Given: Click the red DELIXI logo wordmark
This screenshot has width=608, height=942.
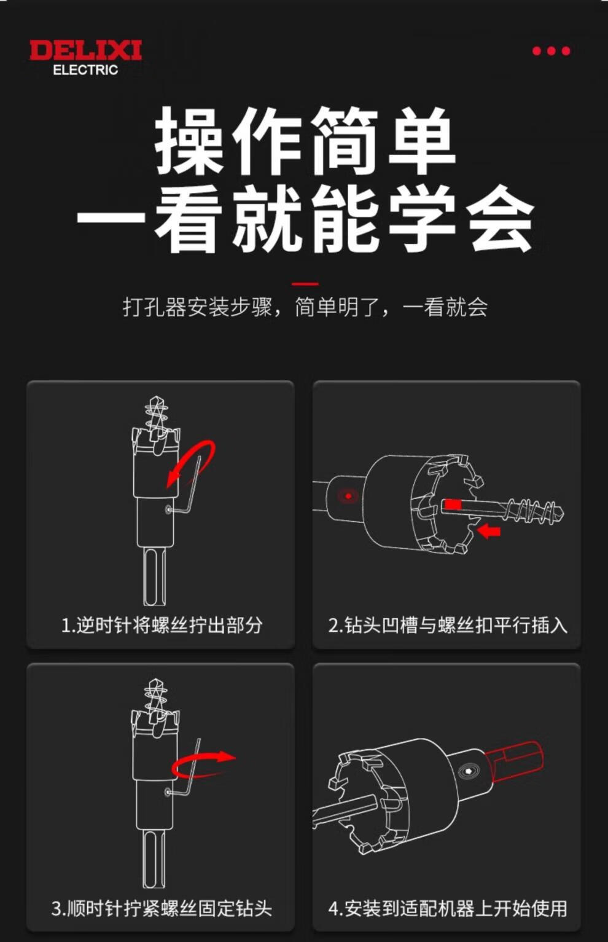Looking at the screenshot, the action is pos(86,50).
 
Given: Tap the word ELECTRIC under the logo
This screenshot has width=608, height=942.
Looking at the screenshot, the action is pos(86,70).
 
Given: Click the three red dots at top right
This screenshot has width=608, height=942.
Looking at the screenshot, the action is pos(551,51).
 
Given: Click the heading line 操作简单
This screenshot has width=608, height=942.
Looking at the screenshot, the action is pos(305,140).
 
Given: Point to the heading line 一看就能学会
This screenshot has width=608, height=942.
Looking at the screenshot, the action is pos(305,219).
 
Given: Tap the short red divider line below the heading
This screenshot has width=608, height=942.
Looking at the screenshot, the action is pos(305,285).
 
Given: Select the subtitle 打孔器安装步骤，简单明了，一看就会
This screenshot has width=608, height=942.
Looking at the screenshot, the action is pos(305,307).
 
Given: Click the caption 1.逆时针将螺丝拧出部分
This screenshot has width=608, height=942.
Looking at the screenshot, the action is pos(162,626).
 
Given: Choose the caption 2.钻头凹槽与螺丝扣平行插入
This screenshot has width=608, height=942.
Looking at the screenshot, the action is pos(448,626).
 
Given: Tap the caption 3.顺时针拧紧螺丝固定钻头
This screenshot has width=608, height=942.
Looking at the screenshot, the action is pos(162,908).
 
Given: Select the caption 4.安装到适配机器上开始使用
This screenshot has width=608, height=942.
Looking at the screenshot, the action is pos(448,908).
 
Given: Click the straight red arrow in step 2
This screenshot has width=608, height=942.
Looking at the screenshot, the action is pos(489,531).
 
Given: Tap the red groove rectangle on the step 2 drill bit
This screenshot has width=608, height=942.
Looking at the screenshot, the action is pos(453,504).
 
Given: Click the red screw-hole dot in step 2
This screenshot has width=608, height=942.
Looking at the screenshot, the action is pos(348,496).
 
